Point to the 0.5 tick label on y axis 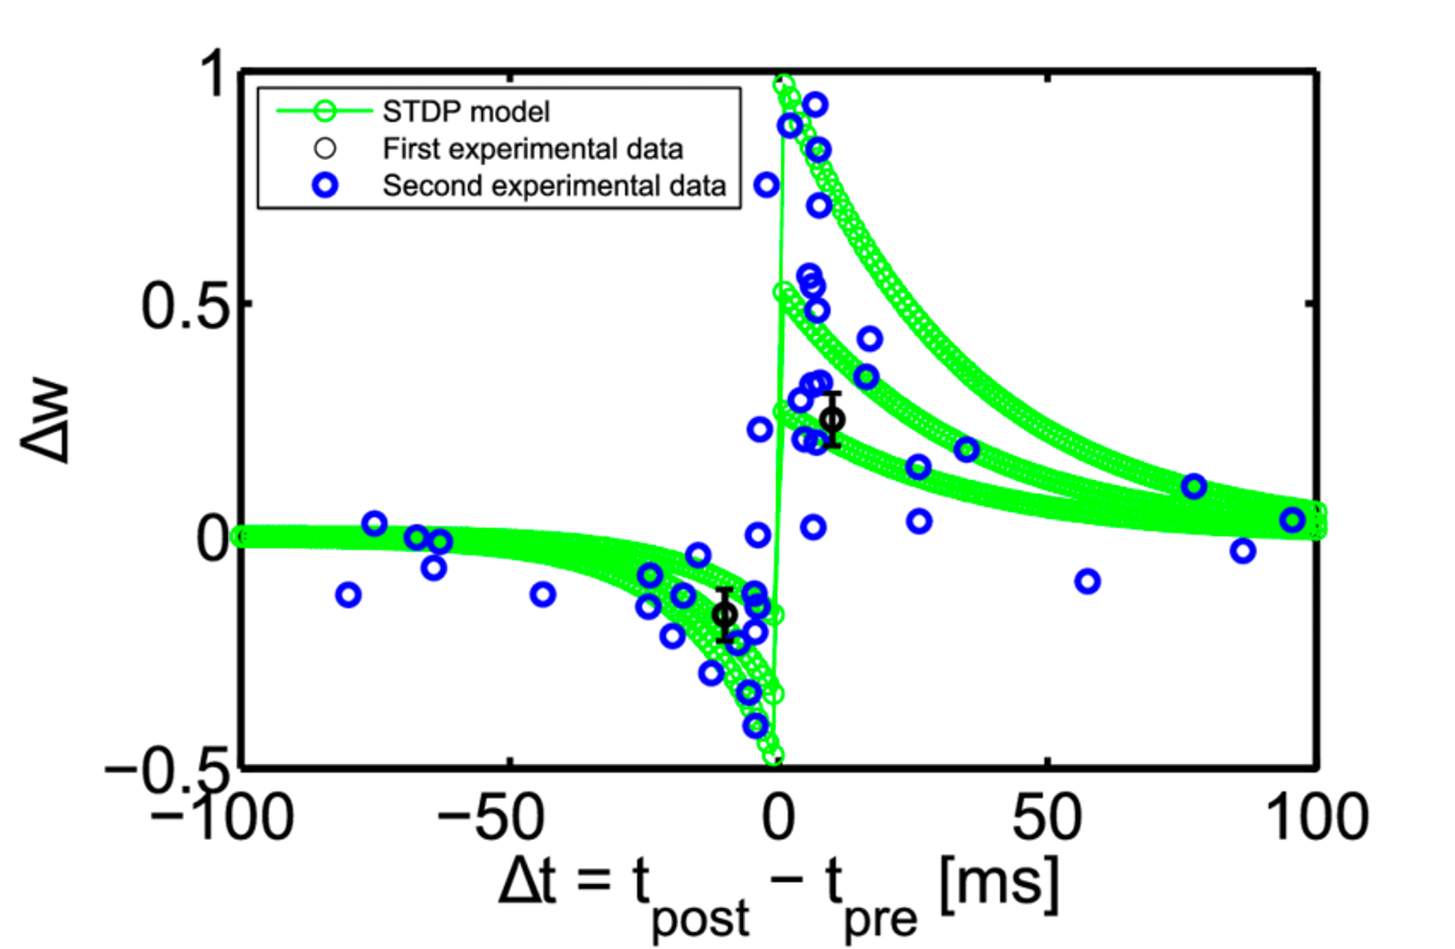coord(185,306)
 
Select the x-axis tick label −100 coord(222,818)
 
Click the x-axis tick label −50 coord(490,818)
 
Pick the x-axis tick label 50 coord(1047,818)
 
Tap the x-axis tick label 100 coord(1318,818)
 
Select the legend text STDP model coord(466,112)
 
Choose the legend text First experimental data coord(533,149)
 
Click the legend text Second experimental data coord(554,186)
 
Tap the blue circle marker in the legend coord(325,186)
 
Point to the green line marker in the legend coord(325,112)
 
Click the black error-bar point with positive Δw coord(832,420)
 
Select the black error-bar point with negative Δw coord(725,615)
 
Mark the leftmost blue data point coord(348,595)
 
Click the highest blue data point coord(816,105)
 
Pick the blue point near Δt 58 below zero coord(1087,581)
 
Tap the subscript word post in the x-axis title coord(700,919)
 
